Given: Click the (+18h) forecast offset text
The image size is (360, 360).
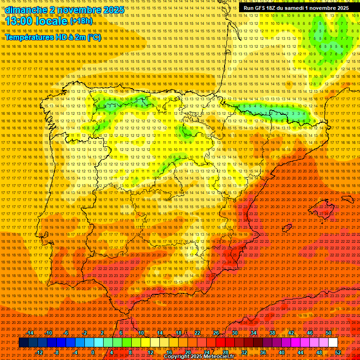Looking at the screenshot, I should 81,21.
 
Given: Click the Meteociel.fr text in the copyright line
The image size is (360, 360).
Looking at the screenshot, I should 214,357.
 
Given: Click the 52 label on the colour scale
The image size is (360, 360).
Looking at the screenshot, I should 338,352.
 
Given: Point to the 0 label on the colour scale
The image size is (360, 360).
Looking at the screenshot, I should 93,352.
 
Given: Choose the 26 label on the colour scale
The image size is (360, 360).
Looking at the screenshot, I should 216,333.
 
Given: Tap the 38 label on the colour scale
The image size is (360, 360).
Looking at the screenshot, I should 272,333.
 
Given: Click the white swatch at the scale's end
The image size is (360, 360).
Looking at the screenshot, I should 333,343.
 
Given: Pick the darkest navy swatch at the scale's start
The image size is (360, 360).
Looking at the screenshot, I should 23,343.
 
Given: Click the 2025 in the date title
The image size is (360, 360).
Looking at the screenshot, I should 113,10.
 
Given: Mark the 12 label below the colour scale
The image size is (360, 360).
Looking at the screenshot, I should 150,352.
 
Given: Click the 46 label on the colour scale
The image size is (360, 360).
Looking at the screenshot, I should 310,333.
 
